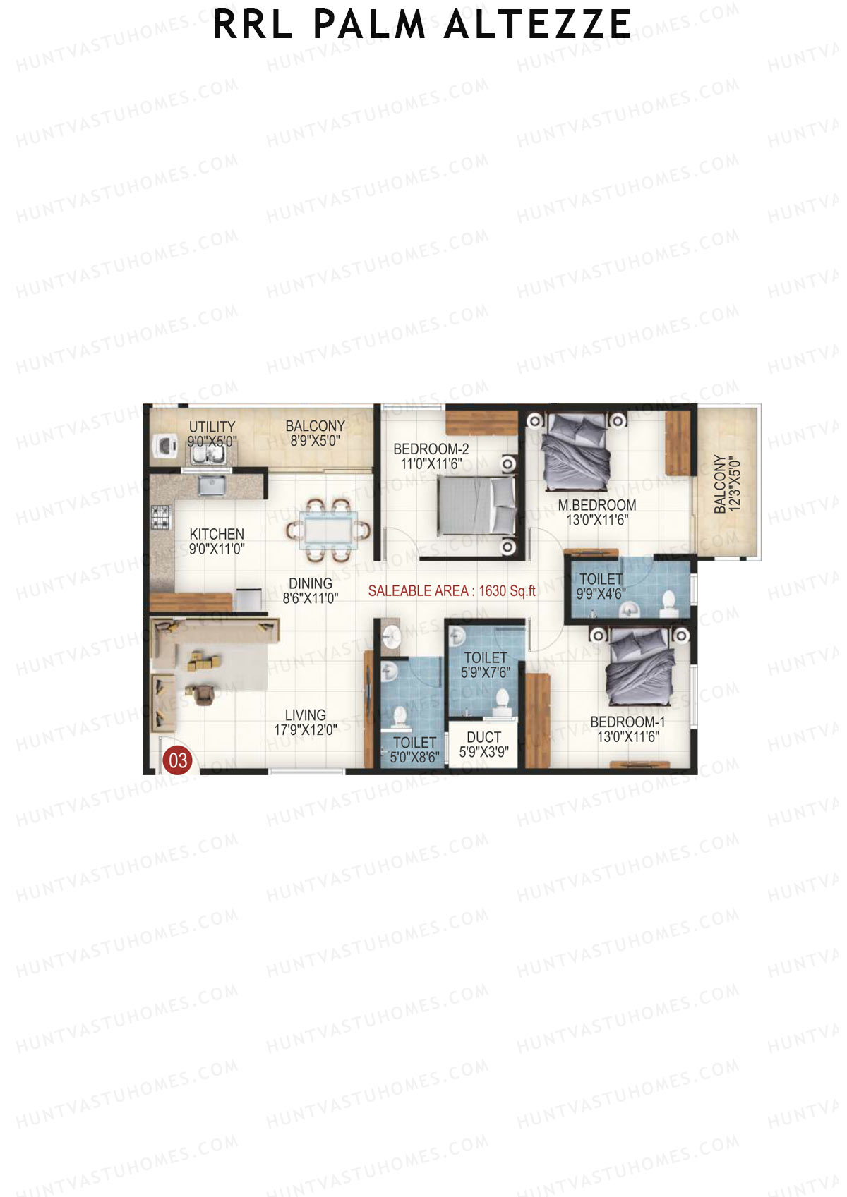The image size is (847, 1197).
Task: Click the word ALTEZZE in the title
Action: tap(537, 25)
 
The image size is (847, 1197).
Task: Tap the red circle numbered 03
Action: tap(177, 760)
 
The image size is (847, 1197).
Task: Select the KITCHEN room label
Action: tap(217, 534)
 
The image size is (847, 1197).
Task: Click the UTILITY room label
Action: tap(212, 427)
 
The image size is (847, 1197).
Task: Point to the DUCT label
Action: tap(483, 737)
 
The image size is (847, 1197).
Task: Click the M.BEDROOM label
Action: tap(597, 505)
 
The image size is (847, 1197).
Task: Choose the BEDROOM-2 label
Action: tap(431, 449)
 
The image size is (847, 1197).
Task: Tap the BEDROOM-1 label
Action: tap(627, 722)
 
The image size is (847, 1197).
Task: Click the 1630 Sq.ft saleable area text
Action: tap(507, 591)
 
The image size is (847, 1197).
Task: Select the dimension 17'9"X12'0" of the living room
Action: tap(306, 730)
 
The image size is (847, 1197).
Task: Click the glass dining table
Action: tap(328, 529)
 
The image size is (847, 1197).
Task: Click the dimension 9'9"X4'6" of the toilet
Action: tap(601, 594)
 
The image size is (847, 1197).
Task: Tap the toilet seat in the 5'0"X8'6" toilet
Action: tap(400, 717)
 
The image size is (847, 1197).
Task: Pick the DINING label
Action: tap(311, 583)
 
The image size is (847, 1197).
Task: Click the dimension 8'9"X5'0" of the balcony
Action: tap(316, 442)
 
